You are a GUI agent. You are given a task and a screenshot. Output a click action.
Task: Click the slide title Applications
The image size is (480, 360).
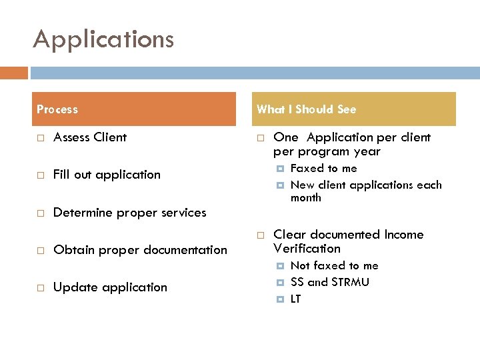click(x=103, y=39)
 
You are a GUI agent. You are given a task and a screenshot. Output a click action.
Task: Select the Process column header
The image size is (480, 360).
click(x=57, y=109)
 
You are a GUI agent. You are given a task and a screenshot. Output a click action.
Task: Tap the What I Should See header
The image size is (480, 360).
click(x=307, y=109)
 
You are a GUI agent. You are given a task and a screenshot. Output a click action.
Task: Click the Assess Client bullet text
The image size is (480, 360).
click(x=90, y=137)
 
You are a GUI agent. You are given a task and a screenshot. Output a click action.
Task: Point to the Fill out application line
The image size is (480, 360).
click(x=107, y=175)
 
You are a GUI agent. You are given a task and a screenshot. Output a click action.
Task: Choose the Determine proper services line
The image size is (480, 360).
click(x=129, y=213)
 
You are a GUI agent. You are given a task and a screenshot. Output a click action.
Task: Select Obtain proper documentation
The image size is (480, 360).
click(x=140, y=250)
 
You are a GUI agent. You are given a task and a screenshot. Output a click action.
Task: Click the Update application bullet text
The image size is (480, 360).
click(x=110, y=287)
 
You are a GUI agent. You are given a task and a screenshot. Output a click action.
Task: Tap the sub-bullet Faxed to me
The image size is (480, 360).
click(x=324, y=169)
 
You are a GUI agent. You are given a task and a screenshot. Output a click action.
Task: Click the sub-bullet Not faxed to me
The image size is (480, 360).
click(x=335, y=266)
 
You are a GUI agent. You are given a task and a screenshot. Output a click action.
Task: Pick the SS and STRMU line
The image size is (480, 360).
click(x=330, y=282)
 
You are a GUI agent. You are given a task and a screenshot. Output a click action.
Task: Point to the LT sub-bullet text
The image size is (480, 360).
click(x=296, y=299)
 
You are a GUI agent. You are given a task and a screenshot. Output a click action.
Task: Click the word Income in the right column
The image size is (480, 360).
click(x=404, y=235)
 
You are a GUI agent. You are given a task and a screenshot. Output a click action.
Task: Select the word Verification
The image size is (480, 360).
click(x=307, y=249)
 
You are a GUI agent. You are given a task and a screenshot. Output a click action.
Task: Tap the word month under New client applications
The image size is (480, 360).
click(x=306, y=198)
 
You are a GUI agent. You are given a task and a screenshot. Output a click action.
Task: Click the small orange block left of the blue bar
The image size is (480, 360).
click(x=14, y=73)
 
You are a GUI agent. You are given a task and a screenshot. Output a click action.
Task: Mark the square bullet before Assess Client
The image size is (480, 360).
click(x=39, y=138)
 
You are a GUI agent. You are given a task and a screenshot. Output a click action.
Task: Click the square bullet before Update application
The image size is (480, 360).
click(x=39, y=288)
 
